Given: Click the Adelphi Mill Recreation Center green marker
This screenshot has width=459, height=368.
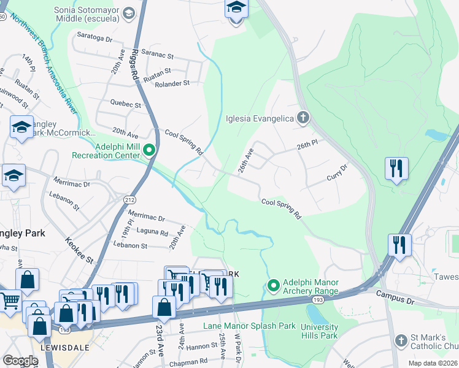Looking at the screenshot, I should click(148, 150).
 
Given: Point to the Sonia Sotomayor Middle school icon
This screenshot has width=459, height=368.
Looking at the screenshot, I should click(129, 12).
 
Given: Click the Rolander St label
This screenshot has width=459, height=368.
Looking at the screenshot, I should click(172, 83).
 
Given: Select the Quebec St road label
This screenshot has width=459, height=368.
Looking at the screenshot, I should click(125, 104).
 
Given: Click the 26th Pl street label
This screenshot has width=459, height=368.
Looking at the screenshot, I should click(307, 145).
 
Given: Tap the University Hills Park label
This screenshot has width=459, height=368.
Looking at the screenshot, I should click(319, 331).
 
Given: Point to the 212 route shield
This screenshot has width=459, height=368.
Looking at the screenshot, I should click(129, 199).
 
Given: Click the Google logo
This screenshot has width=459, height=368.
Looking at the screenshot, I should click(20, 361).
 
